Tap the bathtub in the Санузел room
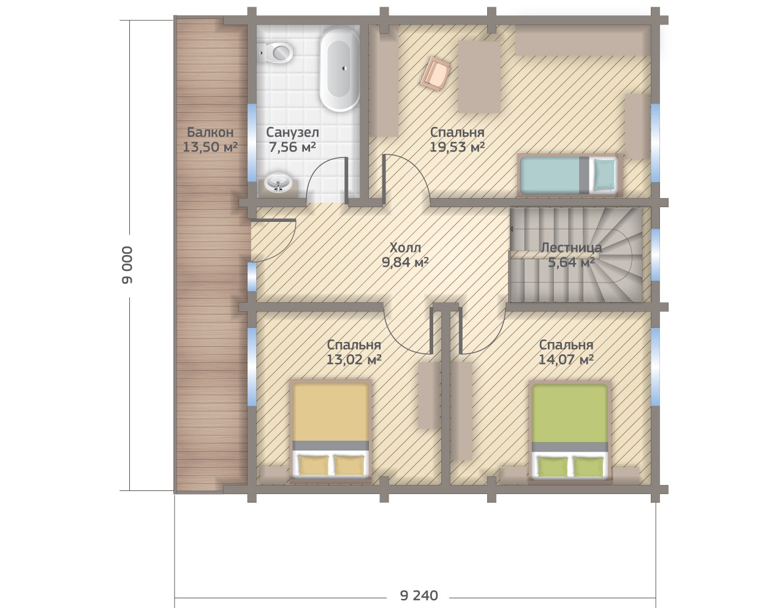click(339, 70)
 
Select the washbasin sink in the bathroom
click(278, 183)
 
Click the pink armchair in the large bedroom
click(435, 74)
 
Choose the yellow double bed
click(331, 430)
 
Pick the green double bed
click(570, 430)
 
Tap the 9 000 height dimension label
click(127, 265)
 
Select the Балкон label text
click(210, 132)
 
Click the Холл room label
click(405, 247)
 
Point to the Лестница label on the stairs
click(571, 247)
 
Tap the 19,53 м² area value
click(457, 147)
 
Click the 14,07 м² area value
click(566, 359)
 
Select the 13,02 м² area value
click(354, 359)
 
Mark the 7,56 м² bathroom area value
click(292, 147)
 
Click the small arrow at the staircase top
click(512, 229)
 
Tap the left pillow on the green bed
click(553, 466)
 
